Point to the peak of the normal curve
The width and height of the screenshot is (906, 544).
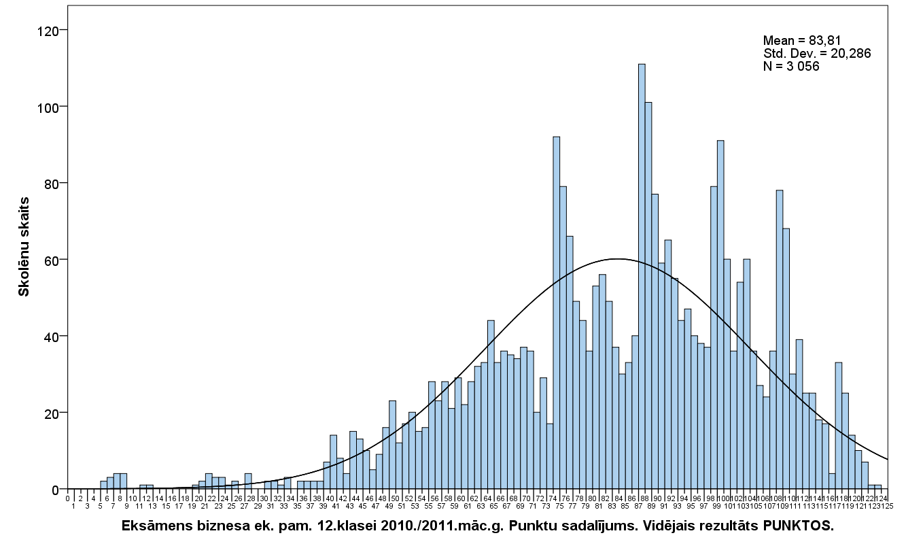[x=617, y=258]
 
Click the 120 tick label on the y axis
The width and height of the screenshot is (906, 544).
[x=51, y=31]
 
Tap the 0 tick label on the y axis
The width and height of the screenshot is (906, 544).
[x=58, y=490]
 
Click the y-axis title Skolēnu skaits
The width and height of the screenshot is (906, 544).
[x=24, y=246]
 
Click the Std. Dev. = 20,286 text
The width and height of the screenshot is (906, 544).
[x=817, y=53]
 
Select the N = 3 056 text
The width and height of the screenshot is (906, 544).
[x=791, y=66]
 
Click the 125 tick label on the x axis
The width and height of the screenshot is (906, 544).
[x=888, y=505]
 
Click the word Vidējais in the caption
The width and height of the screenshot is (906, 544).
[x=631, y=527]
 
